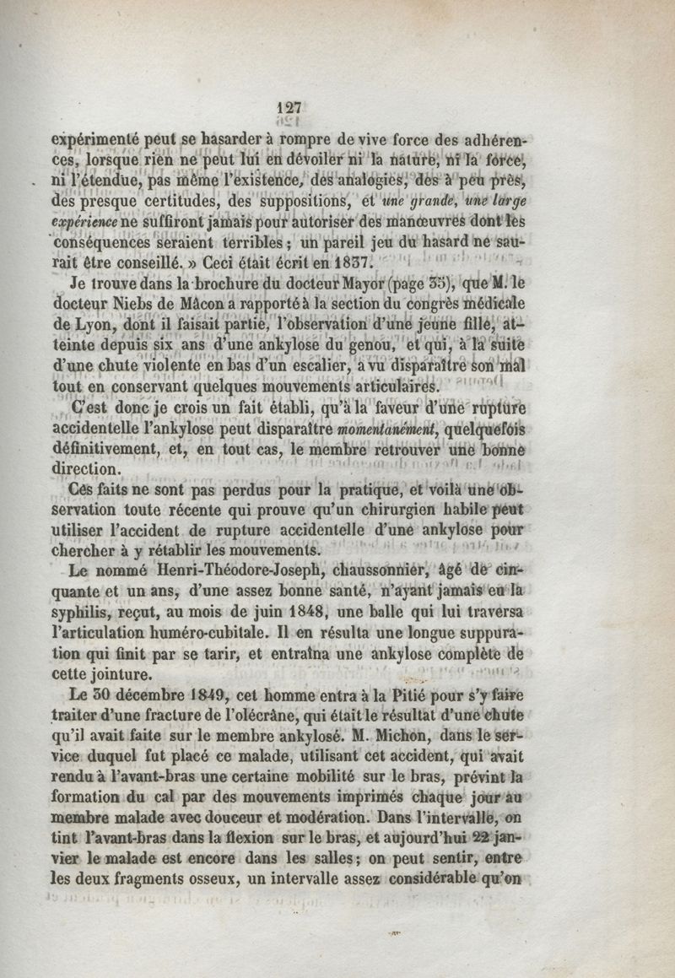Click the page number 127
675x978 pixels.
289,108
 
